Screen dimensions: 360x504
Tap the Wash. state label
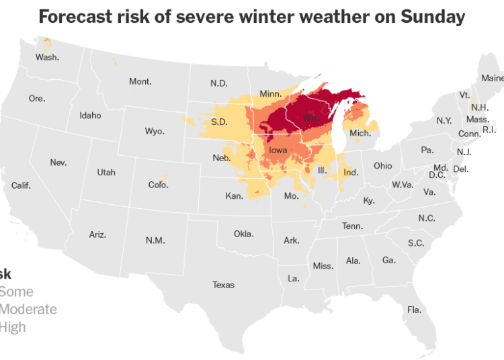[x=47, y=57]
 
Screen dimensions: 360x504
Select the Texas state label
[x=224, y=285]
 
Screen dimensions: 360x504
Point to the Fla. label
[x=414, y=310]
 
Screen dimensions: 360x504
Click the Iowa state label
[x=278, y=151]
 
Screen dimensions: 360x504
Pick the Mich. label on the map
[x=360, y=134]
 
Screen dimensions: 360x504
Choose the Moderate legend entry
[x=28, y=310]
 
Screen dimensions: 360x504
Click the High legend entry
[x=13, y=327]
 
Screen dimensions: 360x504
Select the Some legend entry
[x=16, y=292]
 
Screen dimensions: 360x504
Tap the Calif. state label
[x=21, y=185]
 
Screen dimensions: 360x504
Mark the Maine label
[x=492, y=78]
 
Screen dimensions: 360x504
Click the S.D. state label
[x=219, y=122]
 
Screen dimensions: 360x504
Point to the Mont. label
[x=140, y=82]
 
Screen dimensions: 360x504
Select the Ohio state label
[x=383, y=166]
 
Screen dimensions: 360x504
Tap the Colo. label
[x=159, y=185]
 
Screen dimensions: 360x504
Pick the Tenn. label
[x=352, y=226]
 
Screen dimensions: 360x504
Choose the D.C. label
[x=437, y=175]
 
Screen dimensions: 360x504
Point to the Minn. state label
[x=271, y=93]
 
